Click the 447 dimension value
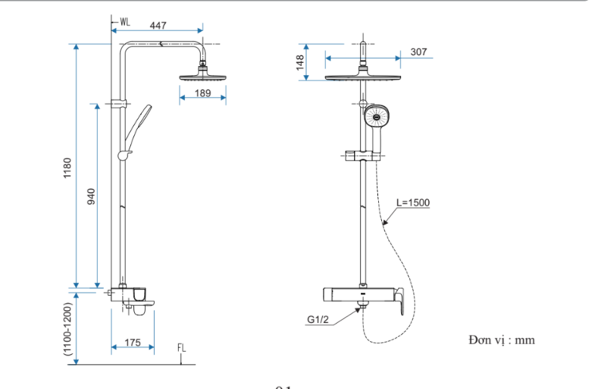point(158,26)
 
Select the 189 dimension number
point(203,94)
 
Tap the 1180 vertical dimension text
point(68,167)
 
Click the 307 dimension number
point(419,52)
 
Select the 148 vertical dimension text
point(301,62)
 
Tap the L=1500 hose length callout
point(413,202)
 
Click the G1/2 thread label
point(319,320)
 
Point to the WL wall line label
point(125,22)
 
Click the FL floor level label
point(182,348)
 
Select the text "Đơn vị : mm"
point(502,340)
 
